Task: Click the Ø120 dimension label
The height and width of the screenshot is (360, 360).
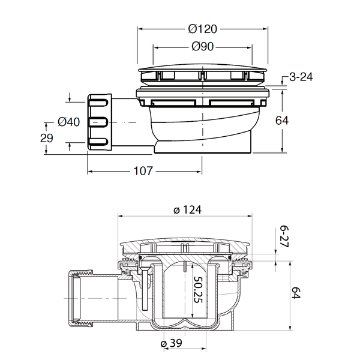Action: click(202, 28)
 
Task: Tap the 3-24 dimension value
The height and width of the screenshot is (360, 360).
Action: click(302, 77)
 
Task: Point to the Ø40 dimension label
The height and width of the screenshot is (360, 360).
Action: click(69, 122)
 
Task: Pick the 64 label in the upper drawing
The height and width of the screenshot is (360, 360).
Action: click(281, 120)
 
